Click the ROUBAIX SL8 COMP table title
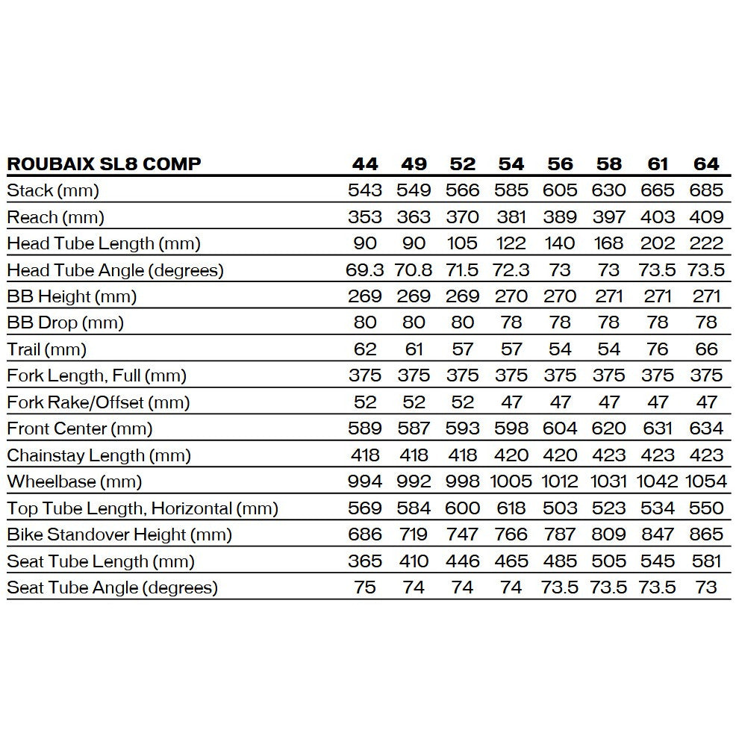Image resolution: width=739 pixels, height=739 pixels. (x=104, y=164)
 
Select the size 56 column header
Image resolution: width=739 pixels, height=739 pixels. (x=560, y=164)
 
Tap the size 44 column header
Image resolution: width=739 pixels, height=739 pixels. (x=365, y=164)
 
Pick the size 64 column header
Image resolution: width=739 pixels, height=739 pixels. (x=706, y=164)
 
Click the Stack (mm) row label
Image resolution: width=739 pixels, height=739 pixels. (x=53, y=190)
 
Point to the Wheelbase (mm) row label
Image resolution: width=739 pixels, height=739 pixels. (x=75, y=481)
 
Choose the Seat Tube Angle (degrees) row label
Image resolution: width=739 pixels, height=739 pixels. (x=113, y=587)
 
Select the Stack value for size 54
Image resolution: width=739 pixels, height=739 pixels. (x=511, y=190)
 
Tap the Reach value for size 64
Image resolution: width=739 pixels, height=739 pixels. (x=706, y=217)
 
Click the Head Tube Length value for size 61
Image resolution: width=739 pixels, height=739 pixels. (x=658, y=243)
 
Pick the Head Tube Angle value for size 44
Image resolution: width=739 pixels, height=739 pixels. (x=365, y=270)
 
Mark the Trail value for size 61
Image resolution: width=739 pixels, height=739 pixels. (x=658, y=349)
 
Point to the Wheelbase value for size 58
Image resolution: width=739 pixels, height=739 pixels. (x=608, y=481)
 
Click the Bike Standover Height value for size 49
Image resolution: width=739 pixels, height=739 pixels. (x=414, y=534)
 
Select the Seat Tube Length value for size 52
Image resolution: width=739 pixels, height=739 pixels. (x=463, y=561)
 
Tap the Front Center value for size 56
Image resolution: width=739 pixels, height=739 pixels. (x=560, y=428)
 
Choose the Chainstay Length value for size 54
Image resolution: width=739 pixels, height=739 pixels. (x=511, y=455)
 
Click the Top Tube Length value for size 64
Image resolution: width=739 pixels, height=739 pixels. (x=706, y=508)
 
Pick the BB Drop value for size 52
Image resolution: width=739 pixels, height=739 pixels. (x=463, y=322)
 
